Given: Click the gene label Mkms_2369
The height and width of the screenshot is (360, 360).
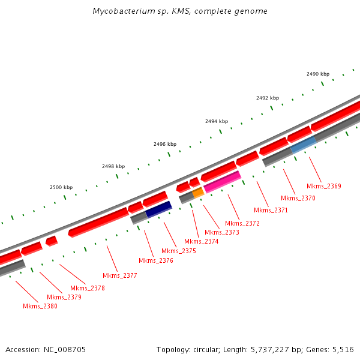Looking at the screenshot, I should click(x=323, y=186).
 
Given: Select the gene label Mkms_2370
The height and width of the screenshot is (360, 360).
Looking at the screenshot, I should click(x=298, y=198).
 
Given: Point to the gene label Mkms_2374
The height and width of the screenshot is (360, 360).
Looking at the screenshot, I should click(x=202, y=241).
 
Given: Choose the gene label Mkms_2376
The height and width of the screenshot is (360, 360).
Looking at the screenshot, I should click(x=156, y=260).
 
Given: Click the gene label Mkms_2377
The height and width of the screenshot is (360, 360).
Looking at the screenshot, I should click(x=120, y=275).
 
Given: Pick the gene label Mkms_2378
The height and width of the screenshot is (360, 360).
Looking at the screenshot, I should click(x=88, y=288).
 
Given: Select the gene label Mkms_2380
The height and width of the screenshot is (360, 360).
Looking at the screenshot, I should click(x=40, y=306).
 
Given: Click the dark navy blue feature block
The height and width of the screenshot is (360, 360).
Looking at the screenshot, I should click(x=159, y=209).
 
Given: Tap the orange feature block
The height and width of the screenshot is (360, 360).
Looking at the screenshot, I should click(x=199, y=193).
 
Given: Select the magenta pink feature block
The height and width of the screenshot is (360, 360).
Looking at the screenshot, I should click(x=222, y=181).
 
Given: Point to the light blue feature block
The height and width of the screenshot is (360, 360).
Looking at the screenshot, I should click(x=303, y=143).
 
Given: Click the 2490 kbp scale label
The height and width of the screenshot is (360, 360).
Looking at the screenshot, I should click(x=318, y=74).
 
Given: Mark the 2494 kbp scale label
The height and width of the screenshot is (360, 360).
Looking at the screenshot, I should click(x=217, y=121).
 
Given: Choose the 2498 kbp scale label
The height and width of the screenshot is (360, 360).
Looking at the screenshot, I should click(x=113, y=166).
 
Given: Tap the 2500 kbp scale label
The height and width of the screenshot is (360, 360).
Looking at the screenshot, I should click(x=61, y=187).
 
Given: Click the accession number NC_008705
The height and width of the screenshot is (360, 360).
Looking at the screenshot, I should click(x=65, y=349).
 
